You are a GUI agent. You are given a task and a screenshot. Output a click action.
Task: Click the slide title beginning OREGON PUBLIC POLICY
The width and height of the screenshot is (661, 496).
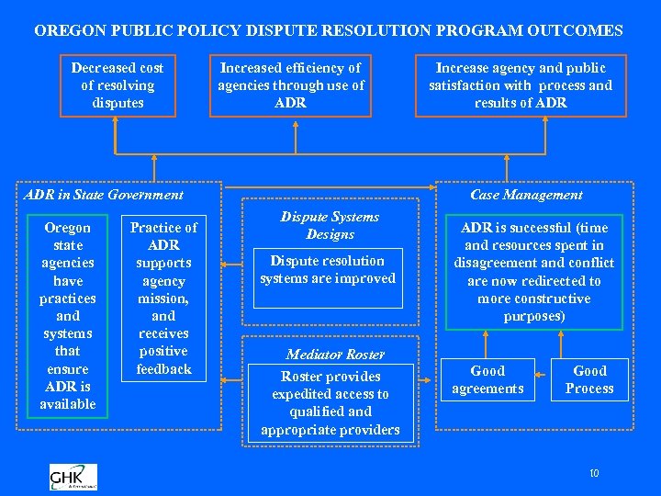click(x=329, y=30)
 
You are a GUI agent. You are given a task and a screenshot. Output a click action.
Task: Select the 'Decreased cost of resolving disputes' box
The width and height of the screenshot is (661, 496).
click(x=118, y=85)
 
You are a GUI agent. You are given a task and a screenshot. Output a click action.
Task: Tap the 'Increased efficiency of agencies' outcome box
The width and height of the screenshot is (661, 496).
click(x=290, y=85)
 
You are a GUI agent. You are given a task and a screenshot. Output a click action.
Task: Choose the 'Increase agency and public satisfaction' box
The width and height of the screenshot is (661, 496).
click(x=520, y=85)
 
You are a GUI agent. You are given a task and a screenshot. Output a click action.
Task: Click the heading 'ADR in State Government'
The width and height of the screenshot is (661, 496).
click(x=104, y=195)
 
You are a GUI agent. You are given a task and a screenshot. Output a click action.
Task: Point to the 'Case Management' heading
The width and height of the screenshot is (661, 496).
click(x=526, y=195)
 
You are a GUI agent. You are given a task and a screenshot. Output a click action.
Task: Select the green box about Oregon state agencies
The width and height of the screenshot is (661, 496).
click(x=68, y=315)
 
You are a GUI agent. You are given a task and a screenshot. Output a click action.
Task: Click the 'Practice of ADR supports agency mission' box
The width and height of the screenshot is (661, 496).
click(x=163, y=298)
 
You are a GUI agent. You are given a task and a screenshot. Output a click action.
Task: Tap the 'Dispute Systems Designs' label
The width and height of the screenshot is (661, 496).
click(x=330, y=225)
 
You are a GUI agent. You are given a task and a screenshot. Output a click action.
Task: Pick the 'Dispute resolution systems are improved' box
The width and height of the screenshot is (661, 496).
click(x=328, y=270)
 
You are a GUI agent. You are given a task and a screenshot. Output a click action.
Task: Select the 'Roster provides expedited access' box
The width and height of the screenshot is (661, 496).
click(x=330, y=403)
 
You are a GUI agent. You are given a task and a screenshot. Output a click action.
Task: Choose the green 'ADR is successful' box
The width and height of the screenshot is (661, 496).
click(x=534, y=272)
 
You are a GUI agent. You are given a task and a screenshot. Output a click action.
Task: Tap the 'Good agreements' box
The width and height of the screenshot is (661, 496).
click(x=487, y=379)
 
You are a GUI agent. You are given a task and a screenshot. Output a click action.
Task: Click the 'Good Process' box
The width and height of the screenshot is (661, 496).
click(x=589, y=379)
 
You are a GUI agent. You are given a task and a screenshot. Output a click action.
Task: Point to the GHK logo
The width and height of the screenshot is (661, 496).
click(x=73, y=477)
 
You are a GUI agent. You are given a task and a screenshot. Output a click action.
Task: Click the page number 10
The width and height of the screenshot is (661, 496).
click(x=594, y=474)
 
